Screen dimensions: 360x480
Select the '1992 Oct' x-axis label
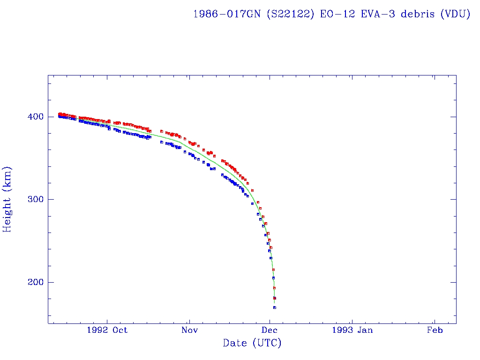click(107, 330)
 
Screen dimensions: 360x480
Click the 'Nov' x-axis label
click(189, 330)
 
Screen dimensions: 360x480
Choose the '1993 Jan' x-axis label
click(352, 330)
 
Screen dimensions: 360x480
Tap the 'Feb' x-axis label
click(435, 330)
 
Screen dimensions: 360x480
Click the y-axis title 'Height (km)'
click(7, 199)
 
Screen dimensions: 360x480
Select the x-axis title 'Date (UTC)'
click(252, 344)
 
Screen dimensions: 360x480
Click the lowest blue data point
click(275, 307)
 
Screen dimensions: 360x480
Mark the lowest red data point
click(275, 298)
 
